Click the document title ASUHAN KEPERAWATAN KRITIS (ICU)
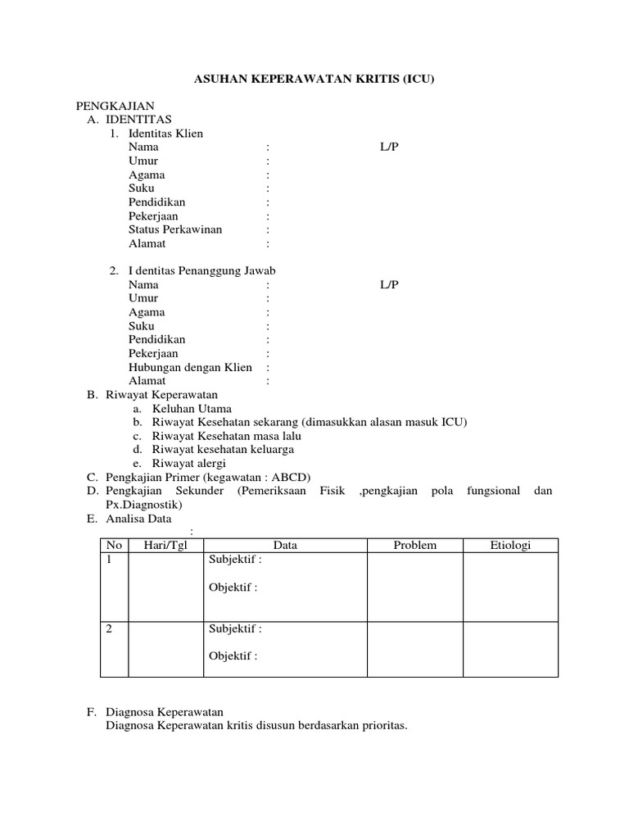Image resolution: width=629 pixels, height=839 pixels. click(314, 79)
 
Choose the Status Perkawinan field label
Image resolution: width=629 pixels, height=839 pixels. click(174, 229)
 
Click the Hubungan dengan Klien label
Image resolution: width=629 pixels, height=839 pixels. click(190, 367)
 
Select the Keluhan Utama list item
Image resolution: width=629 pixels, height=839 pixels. click(191, 408)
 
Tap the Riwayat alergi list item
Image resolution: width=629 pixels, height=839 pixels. click(188, 463)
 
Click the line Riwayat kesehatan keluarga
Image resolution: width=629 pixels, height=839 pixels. click(222, 449)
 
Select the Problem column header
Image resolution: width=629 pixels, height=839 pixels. click(414, 546)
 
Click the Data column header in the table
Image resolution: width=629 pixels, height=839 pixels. click(284, 546)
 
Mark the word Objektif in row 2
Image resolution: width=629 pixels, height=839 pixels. click(233, 656)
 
